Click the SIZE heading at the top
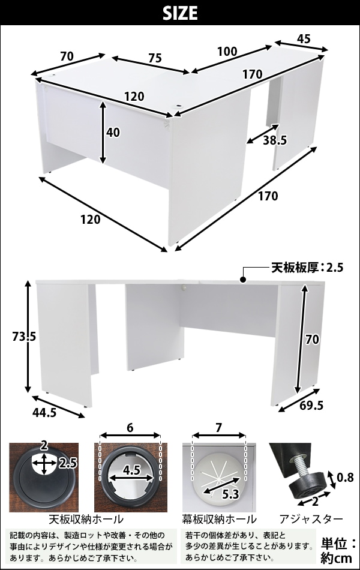179,13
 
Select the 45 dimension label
304,38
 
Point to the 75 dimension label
155,58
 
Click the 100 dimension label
227,51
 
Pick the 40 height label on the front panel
113,133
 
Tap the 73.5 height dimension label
24,337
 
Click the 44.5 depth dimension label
45,413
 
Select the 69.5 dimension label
311,406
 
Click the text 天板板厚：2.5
307,268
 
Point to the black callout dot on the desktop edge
243,280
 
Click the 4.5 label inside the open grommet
131,470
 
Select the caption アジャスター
311,519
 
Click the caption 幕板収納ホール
219,519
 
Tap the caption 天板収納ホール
86,519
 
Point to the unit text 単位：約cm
338,550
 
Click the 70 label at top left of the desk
67,56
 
